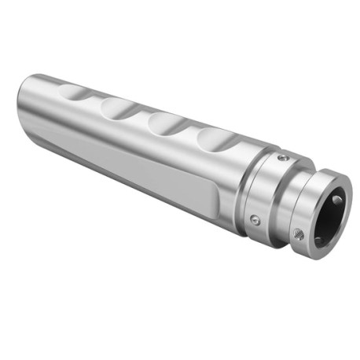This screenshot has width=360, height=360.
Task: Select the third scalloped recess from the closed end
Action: pos(166,122)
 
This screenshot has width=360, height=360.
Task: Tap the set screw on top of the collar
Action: pos(282,159)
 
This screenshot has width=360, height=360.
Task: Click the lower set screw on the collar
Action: pos(255,221)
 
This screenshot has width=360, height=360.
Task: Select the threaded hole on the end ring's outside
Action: pos(298,233)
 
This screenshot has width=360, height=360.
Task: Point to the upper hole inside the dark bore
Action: pos(337,200)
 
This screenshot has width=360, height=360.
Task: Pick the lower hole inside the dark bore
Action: pos(319,238)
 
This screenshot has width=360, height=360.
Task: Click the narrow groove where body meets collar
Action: pos(243,186)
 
